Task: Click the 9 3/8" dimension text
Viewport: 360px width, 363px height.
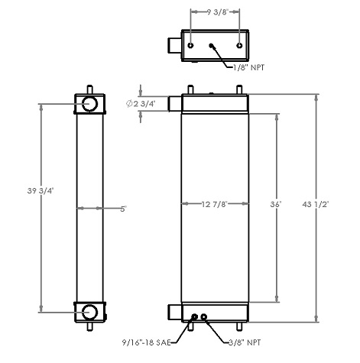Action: (x=215, y=11)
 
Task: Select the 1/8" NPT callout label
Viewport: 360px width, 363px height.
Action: (x=253, y=68)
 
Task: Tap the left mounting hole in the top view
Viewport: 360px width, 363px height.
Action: (x=192, y=45)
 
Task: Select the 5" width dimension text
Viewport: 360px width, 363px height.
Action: (x=122, y=207)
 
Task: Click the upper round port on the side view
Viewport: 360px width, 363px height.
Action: (x=89, y=103)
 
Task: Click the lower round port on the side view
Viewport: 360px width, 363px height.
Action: (x=89, y=310)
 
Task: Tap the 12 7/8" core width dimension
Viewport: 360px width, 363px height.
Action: (x=215, y=204)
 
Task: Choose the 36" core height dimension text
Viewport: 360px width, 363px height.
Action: (x=284, y=204)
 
